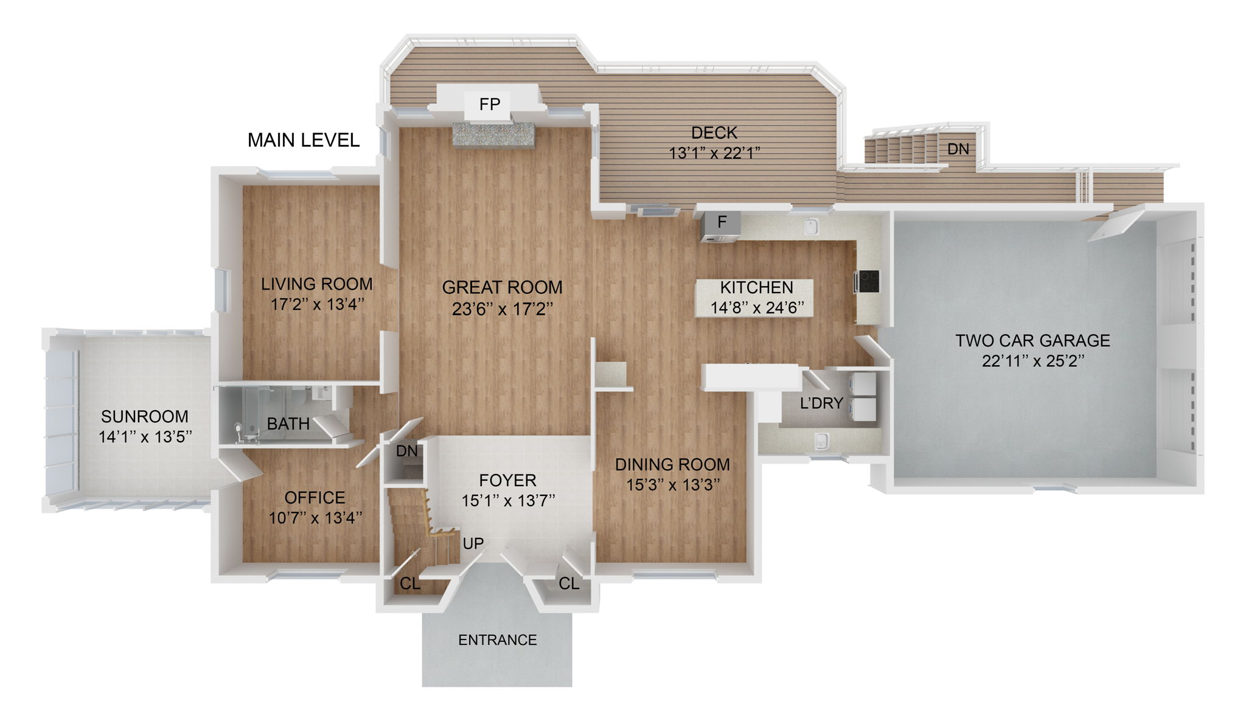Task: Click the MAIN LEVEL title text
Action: [303, 141]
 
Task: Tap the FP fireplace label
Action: [489, 105]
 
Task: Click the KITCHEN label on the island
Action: [756, 287]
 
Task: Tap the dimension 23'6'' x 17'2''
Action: [502, 310]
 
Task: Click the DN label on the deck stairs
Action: [958, 149]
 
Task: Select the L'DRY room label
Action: [821, 403]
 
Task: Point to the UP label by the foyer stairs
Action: [473, 543]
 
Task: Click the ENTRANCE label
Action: [497, 640]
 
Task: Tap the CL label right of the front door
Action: [569, 584]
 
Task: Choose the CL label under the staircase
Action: [409, 584]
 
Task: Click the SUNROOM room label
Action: [144, 417]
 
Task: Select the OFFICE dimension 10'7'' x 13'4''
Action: [315, 518]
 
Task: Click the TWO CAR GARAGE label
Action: [1032, 340]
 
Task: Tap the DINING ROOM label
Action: [672, 464]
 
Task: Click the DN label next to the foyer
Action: [406, 451]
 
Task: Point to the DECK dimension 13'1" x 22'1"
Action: [714, 153]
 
